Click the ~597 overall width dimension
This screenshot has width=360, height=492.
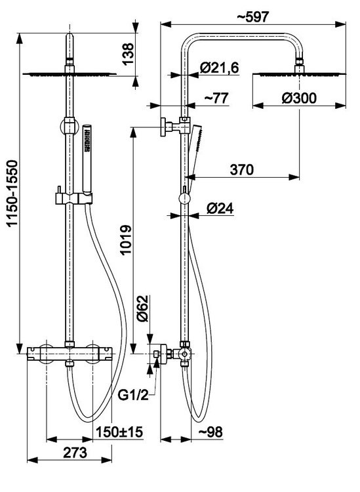(252, 16)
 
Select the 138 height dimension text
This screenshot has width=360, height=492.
(128, 54)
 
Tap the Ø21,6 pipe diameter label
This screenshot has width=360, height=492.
(220, 68)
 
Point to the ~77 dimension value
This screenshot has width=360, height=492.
(216, 98)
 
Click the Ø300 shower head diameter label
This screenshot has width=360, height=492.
(299, 98)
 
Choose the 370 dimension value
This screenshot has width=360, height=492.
(242, 170)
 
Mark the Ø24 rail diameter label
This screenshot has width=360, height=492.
(220, 208)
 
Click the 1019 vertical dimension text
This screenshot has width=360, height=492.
(127, 239)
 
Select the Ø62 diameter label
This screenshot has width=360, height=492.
(142, 308)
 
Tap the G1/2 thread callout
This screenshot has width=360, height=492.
(133, 395)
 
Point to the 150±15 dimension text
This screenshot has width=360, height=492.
(119, 432)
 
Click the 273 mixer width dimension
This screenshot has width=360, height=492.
(75, 453)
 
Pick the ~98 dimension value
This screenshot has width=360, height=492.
(210, 432)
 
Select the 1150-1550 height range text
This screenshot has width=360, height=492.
(13, 193)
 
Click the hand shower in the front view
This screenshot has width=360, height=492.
(87, 159)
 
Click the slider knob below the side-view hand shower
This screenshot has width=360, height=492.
(184, 198)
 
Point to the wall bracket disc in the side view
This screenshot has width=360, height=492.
(163, 127)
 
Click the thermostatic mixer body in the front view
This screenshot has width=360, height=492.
(70, 354)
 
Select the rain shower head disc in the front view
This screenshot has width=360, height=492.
(70, 74)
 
